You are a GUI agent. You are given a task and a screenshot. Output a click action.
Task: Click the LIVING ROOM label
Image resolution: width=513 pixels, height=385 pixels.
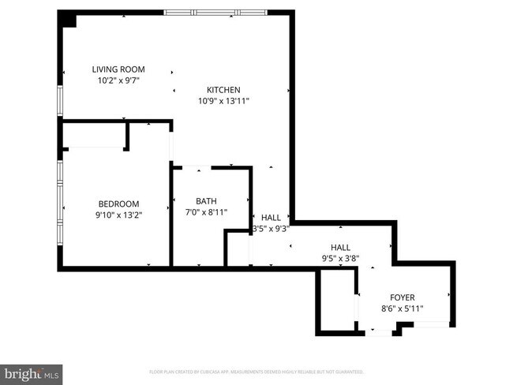118,69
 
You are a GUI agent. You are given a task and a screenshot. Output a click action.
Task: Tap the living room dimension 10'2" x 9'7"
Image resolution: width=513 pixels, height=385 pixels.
118,80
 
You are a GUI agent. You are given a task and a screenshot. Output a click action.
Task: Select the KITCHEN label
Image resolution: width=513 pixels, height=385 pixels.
223,90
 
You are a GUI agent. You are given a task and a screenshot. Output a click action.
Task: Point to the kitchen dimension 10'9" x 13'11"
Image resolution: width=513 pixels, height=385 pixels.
223,101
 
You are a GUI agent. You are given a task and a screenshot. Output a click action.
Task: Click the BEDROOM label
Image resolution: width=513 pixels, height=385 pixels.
118,203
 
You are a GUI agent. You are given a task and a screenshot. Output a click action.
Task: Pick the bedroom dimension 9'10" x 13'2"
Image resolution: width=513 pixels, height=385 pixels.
118,214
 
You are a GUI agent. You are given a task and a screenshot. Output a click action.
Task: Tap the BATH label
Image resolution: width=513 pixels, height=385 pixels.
206,201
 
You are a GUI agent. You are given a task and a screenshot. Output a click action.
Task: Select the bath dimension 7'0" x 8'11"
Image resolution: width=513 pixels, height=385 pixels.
206,212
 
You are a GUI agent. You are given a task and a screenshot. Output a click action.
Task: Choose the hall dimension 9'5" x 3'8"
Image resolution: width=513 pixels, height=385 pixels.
340,257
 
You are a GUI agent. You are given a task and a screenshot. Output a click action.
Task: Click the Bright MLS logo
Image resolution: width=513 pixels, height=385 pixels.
32,372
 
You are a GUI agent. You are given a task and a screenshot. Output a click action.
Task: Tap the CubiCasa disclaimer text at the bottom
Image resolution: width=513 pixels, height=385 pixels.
256,371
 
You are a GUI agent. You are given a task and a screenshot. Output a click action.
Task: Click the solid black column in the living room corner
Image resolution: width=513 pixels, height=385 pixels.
69,20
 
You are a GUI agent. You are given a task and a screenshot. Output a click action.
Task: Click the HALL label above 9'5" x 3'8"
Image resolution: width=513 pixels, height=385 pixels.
340,246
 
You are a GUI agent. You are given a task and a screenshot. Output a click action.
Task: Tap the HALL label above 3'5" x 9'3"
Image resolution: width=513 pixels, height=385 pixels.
271,218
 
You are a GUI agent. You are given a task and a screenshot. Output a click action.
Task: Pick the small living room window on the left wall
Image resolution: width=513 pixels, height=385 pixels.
59,101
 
